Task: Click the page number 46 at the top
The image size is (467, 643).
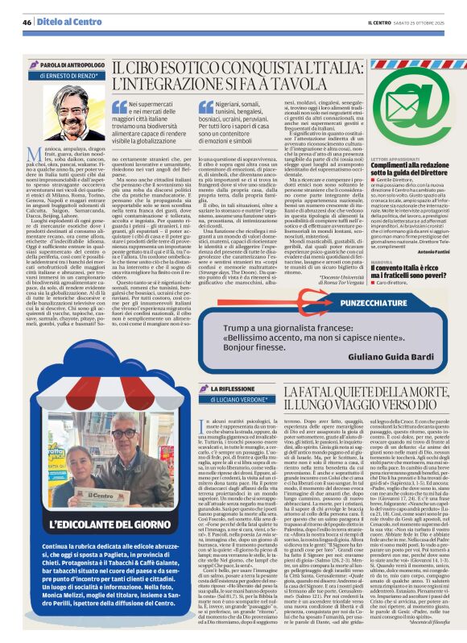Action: (27, 22)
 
